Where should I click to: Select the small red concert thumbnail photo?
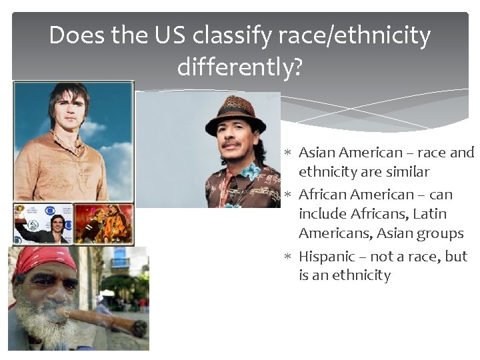[103, 223]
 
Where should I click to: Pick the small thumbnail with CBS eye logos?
[43, 223]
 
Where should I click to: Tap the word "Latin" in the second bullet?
[430, 214]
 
